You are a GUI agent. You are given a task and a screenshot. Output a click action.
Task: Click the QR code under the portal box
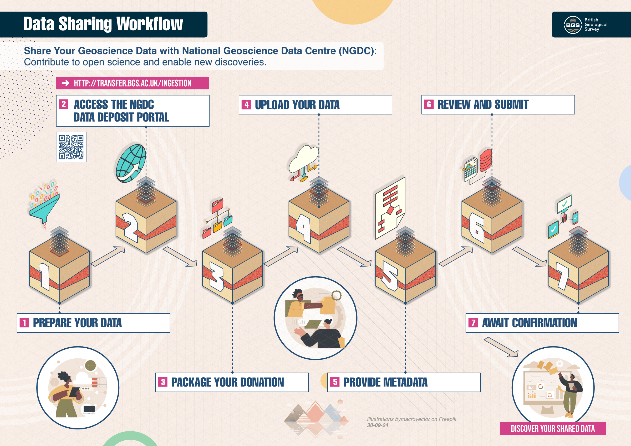click(x=71, y=147)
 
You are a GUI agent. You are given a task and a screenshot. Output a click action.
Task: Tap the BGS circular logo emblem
click(x=573, y=25)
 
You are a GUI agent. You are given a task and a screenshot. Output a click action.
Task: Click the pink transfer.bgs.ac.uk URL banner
click(x=133, y=83)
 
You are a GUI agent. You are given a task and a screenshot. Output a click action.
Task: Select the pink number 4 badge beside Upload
click(x=246, y=104)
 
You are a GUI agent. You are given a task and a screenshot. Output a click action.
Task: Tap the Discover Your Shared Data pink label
click(x=553, y=428)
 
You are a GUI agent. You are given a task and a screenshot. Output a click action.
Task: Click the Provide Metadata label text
click(x=385, y=382)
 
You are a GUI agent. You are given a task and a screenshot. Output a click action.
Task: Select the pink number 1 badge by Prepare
click(x=24, y=323)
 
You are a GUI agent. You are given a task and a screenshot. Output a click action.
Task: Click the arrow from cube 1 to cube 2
click(x=108, y=256)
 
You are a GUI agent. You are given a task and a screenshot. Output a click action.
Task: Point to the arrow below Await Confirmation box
click(x=501, y=347)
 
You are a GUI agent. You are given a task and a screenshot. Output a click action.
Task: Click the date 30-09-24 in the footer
click(x=378, y=425)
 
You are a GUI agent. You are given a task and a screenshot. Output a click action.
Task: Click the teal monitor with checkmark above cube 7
click(x=564, y=204)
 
